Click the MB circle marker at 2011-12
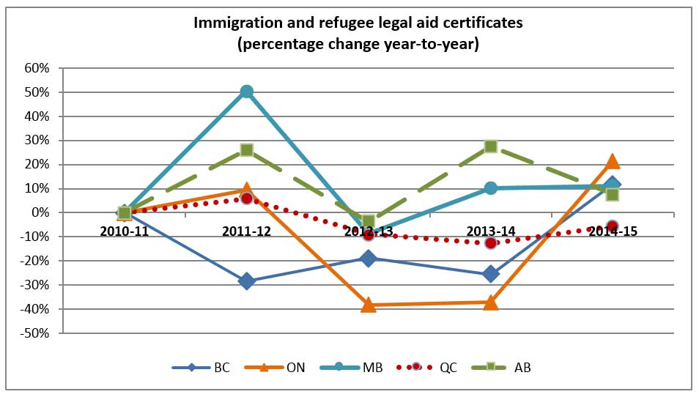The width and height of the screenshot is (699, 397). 247,92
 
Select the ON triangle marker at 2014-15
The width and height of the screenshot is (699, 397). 613,162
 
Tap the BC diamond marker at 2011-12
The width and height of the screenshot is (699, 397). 247,281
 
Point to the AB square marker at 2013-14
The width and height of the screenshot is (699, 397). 491,146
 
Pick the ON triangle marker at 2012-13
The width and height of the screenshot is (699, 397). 369,305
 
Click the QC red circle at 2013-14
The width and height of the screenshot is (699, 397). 491,242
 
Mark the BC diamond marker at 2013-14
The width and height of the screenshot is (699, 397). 491,274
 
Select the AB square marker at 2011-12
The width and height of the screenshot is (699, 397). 247,149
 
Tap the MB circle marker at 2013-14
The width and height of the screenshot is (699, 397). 491,188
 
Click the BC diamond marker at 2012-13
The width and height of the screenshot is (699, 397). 369,258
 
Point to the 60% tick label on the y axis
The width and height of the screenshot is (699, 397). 37,68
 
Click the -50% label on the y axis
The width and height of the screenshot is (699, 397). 36,333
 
